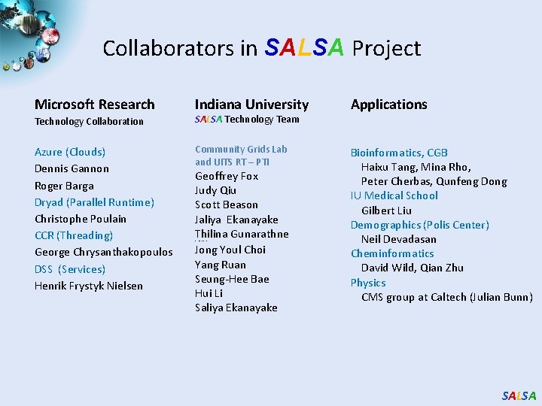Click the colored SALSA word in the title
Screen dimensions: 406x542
coord(305,47)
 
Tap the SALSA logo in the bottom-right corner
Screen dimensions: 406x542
coord(519,395)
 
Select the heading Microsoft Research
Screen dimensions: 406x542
coord(94,105)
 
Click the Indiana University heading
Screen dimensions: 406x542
coord(251,105)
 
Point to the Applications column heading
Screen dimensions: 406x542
coord(388,105)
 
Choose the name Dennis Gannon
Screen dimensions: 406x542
coord(72,168)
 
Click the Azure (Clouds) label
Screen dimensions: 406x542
coord(70,152)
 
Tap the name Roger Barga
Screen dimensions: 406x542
coord(64,186)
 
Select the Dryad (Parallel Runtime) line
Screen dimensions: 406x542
coord(94,202)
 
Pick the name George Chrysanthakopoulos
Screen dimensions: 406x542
coord(103,252)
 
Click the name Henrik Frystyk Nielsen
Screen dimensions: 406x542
coord(88,286)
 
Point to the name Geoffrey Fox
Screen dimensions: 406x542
coord(227,176)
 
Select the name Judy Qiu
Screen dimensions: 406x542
coord(215,190)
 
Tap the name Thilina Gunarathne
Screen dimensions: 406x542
coord(242,234)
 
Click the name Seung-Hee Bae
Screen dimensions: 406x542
coord(232,279)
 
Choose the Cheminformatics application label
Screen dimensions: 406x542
coord(392,253)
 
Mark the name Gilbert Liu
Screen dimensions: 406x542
coord(386,211)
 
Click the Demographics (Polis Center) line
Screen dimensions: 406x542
coord(419,225)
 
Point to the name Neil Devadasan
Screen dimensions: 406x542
coord(398,239)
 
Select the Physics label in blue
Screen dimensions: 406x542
coord(367,283)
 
